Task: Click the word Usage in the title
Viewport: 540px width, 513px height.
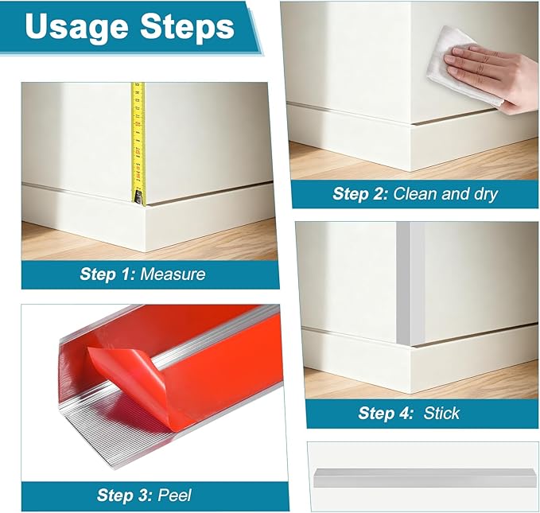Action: (76, 28)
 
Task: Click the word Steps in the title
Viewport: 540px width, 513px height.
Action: (188, 26)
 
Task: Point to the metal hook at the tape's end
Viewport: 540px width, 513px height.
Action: (139, 199)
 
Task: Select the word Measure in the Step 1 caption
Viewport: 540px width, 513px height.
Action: (173, 274)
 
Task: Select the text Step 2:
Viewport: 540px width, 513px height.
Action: (360, 193)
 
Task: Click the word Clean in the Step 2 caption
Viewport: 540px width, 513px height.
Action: (415, 193)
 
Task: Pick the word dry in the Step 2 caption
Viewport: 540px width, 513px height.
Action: (486, 194)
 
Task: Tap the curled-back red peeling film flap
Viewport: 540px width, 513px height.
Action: (131, 375)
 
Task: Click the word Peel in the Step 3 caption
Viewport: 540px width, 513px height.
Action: (174, 495)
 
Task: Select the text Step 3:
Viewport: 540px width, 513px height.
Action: (124, 495)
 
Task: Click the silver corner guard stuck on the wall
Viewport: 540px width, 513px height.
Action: (410, 283)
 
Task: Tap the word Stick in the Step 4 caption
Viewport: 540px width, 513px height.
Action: (441, 413)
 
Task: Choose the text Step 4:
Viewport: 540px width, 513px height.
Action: (386, 413)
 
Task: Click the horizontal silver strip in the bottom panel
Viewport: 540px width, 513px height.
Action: (425, 478)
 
